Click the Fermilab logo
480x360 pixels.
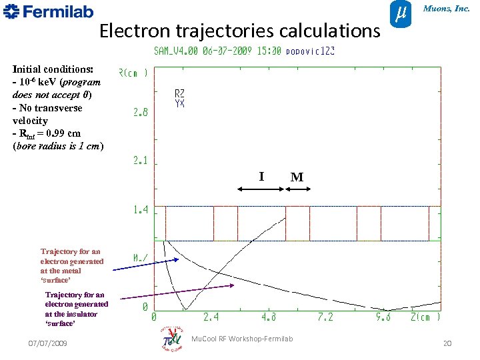pyautogui.click(x=48, y=11)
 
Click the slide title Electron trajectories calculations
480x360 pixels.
pyautogui.click(x=239, y=31)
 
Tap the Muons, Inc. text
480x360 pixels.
pyautogui.click(x=447, y=9)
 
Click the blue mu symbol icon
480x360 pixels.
pyautogui.click(x=399, y=13)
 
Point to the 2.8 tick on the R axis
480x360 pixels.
pyautogui.click(x=141, y=113)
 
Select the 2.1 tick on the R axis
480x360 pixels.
pyautogui.click(x=141, y=161)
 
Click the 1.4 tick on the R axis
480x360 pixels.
pyautogui.click(x=141, y=210)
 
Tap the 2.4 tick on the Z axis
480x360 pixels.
pyautogui.click(x=211, y=318)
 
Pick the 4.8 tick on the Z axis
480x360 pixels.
pyautogui.click(x=269, y=318)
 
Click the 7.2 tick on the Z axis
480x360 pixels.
pyautogui.click(x=325, y=318)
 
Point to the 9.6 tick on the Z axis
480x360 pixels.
pyautogui.click(x=383, y=318)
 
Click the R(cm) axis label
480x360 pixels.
pyautogui.click(x=133, y=72)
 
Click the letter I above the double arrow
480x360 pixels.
pyautogui.click(x=261, y=177)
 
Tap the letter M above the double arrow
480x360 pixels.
pyautogui.click(x=297, y=177)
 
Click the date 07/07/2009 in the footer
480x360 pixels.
pyautogui.click(x=47, y=343)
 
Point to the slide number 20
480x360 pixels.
pyautogui.click(x=447, y=343)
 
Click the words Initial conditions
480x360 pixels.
pyautogui.click(x=53, y=69)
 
